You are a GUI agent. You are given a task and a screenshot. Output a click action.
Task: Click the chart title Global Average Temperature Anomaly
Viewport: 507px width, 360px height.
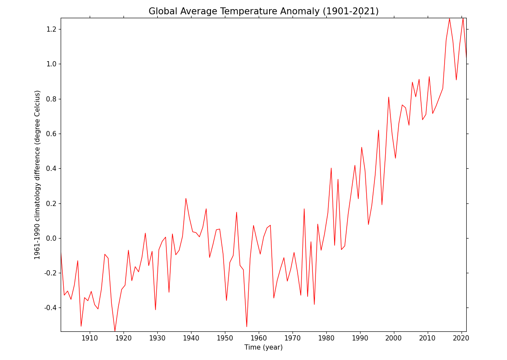point(263,11)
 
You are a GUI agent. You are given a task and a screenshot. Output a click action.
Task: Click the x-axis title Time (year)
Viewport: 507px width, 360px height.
point(263,347)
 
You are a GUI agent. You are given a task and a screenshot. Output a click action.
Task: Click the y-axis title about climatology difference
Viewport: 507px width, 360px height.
point(38,175)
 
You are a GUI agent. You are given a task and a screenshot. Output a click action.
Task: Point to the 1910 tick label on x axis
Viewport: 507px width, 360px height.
point(90,338)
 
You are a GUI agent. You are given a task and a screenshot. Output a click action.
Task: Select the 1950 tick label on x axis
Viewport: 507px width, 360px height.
point(225,338)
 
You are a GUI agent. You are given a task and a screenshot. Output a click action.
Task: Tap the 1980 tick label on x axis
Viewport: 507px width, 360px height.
point(326,338)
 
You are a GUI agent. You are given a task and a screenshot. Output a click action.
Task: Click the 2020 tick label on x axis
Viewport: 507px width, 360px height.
point(461,338)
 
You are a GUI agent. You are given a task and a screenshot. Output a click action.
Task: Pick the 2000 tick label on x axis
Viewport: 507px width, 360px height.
point(394,338)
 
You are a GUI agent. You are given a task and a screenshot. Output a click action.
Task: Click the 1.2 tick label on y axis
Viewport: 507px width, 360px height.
point(51,29)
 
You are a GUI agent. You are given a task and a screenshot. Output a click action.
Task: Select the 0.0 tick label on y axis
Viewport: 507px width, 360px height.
point(51,238)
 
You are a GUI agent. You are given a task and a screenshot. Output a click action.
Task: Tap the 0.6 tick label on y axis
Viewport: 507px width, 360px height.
point(51,134)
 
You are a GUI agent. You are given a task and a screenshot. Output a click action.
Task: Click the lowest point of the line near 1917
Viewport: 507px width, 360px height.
point(115,331)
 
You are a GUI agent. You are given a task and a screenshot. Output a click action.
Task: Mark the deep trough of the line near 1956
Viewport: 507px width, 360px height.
point(247,327)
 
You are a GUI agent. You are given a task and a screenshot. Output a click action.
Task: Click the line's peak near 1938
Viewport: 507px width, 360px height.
point(186,199)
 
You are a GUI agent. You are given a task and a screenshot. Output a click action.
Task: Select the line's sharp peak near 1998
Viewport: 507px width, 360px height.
point(389,97)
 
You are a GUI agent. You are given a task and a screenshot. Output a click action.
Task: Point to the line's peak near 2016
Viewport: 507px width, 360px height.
point(449,19)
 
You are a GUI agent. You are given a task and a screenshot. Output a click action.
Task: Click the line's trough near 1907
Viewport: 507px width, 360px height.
point(81,326)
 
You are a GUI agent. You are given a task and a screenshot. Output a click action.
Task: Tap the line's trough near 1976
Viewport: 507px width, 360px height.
point(314,304)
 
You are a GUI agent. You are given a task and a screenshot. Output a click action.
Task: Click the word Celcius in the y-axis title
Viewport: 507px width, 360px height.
point(38,105)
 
